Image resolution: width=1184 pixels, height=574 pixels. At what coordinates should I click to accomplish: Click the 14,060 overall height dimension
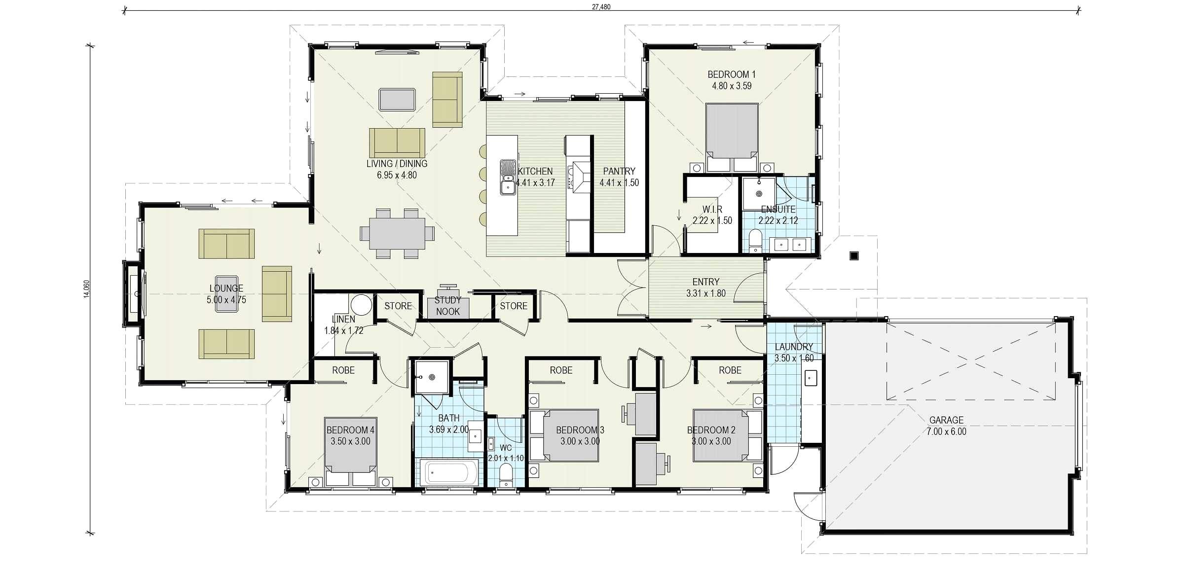pyautogui.click(x=87, y=289)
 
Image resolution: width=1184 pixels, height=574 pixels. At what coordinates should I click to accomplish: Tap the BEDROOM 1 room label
pyautogui.click(x=731, y=80)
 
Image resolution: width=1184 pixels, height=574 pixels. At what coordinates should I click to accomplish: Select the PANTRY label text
pyautogui.click(x=619, y=171)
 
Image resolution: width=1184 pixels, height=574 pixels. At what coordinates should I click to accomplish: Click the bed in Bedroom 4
pyautogui.click(x=350, y=446)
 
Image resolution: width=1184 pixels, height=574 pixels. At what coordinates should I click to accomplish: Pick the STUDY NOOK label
pyautogui.click(x=447, y=306)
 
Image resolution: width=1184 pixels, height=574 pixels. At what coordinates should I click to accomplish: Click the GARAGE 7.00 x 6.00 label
pyautogui.click(x=946, y=426)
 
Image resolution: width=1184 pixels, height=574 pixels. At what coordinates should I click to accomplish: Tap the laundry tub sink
pyautogui.click(x=811, y=378)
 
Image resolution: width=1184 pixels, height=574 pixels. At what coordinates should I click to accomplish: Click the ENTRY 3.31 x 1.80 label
pyautogui.click(x=705, y=287)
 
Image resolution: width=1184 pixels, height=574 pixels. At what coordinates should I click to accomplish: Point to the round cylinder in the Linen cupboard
pyautogui.click(x=362, y=305)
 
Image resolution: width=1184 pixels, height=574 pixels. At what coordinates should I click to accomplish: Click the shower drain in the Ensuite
pyautogui.click(x=759, y=193)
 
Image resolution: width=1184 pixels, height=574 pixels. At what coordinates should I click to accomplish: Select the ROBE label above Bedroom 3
pyautogui.click(x=561, y=370)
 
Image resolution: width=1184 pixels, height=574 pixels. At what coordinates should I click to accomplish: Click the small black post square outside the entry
pyautogui.click(x=854, y=255)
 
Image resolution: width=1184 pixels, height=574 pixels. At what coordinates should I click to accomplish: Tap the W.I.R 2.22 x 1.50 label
pyautogui.click(x=712, y=215)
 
